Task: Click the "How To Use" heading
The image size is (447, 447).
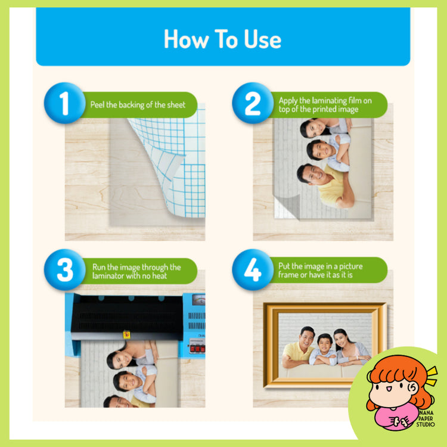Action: tap(223, 39)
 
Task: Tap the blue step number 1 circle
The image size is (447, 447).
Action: tap(65, 103)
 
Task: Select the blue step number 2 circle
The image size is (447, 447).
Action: tap(253, 103)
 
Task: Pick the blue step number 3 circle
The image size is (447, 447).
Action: tap(65, 269)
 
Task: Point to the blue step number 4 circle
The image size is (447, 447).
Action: tap(253, 269)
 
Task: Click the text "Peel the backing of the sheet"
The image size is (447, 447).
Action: tap(138, 105)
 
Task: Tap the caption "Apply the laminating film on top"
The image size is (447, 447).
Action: tap(325, 105)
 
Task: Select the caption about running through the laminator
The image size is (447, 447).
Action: tap(136, 271)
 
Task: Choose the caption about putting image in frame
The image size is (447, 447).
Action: tap(320, 270)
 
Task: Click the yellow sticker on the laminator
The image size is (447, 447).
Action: tap(126, 334)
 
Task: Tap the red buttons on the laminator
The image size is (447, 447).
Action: tap(197, 349)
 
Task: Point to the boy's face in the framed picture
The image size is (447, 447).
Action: tap(325, 343)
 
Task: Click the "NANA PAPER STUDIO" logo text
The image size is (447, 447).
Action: tap(426, 418)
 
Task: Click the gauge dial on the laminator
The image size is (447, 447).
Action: tap(198, 300)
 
